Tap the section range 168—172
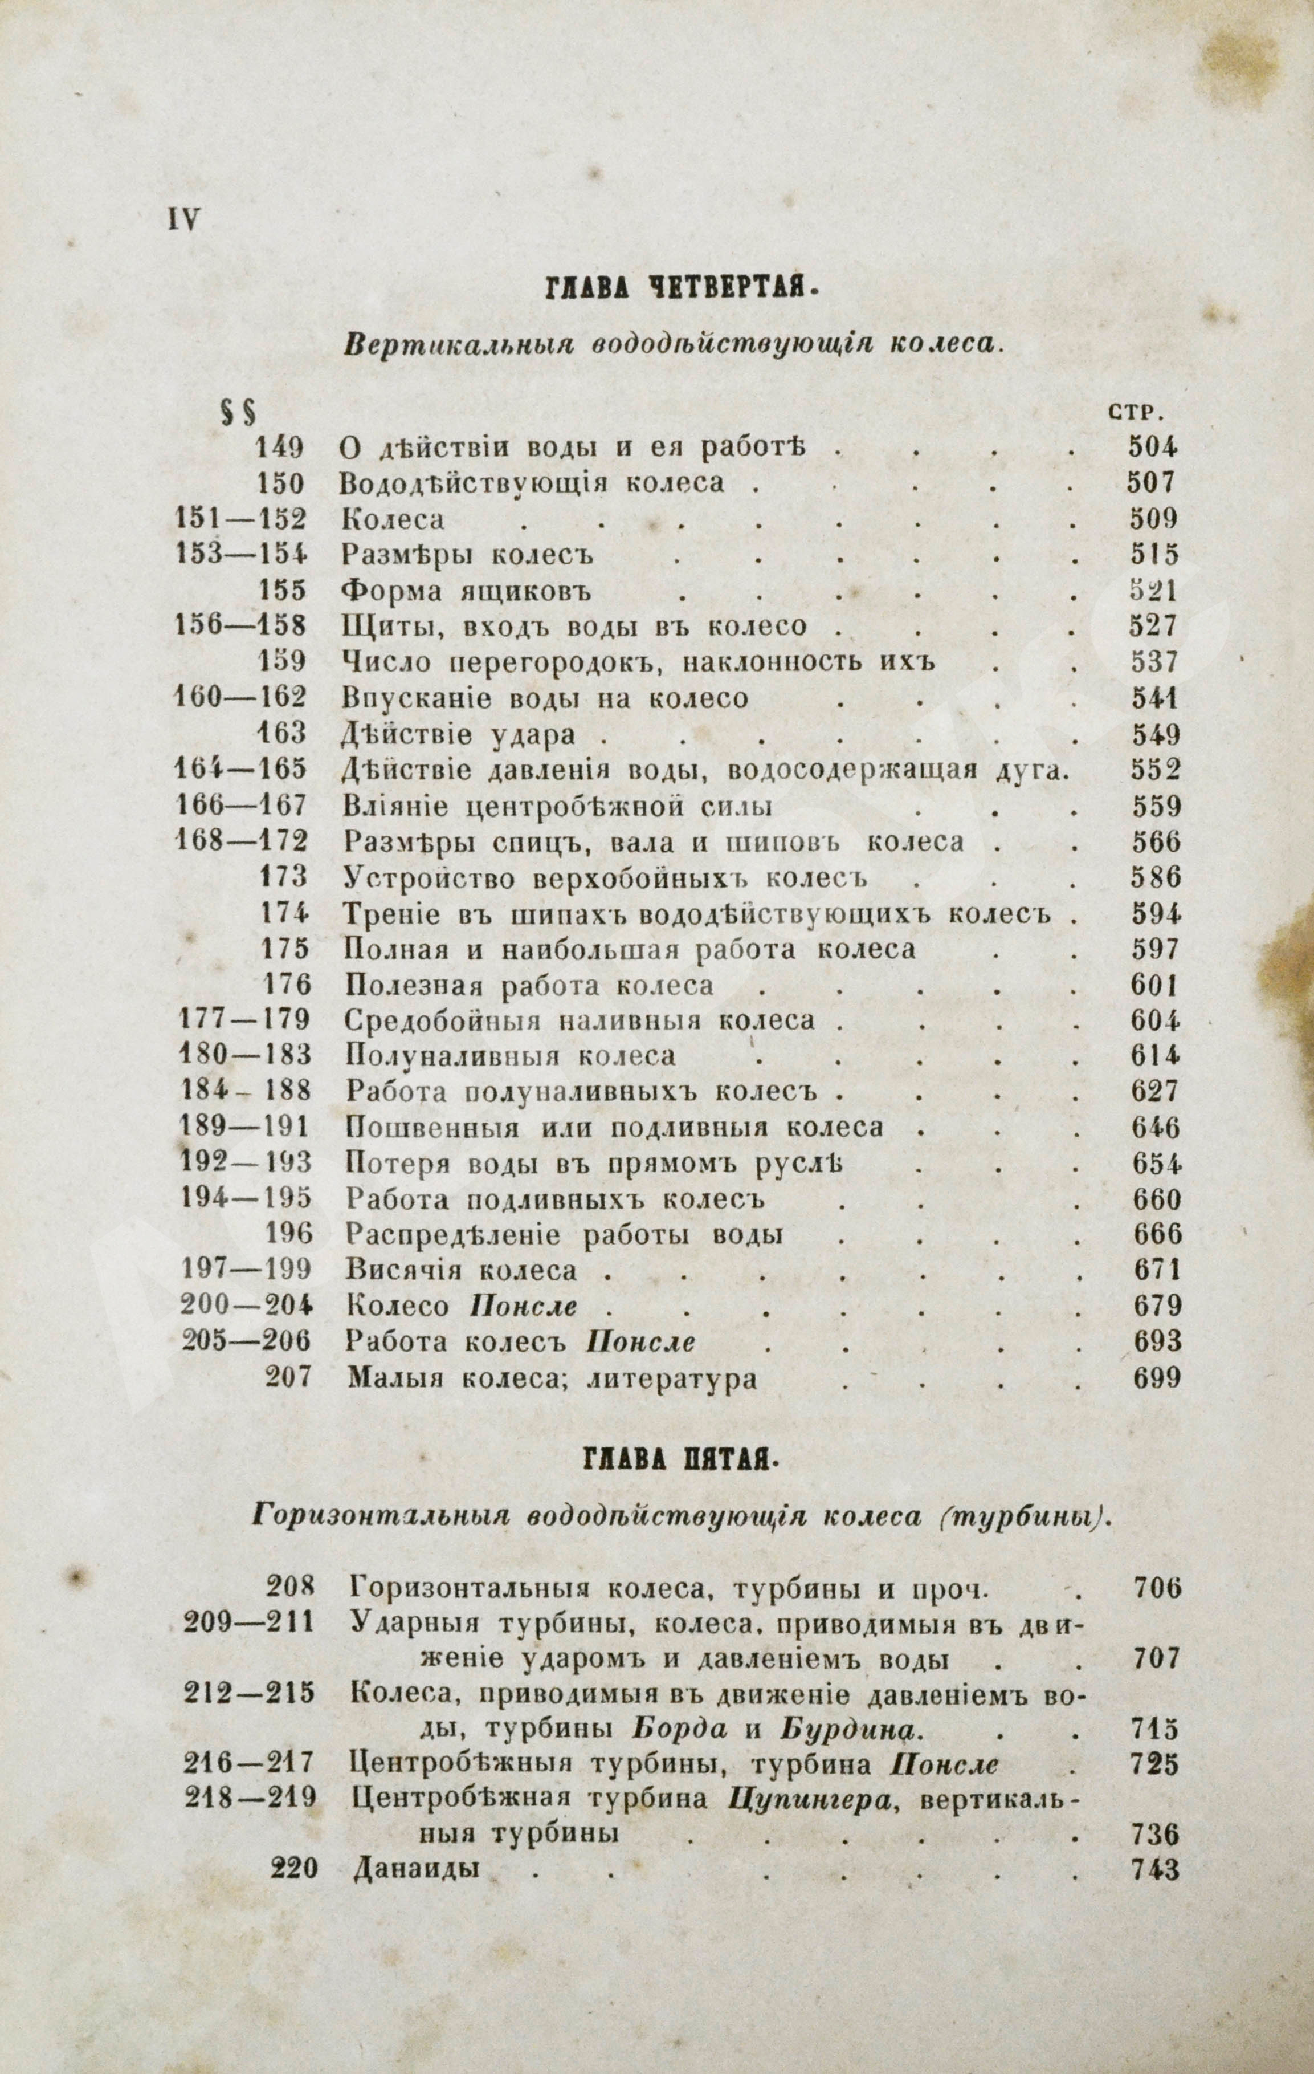[240, 841]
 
